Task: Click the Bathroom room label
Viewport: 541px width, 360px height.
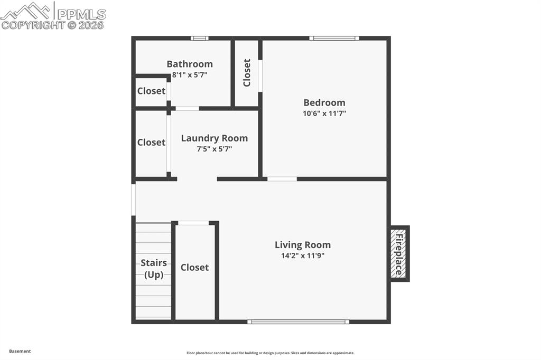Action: tap(190, 64)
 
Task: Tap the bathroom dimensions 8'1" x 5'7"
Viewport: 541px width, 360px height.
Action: tap(190, 75)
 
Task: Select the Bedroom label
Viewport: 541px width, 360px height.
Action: tap(324, 102)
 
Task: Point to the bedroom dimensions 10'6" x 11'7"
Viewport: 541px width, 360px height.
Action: tap(324, 113)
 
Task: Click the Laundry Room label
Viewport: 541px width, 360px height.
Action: tap(214, 138)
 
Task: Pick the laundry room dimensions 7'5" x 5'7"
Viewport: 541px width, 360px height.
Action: tap(214, 149)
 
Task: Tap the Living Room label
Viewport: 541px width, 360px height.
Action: tap(303, 245)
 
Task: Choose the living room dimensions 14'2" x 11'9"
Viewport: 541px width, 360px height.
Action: tap(303, 255)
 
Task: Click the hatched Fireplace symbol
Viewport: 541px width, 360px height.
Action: tap(399, 253)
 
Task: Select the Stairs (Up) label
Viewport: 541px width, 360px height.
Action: tap(154, 269)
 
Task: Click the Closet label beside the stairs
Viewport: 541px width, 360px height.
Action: tap(194, 268)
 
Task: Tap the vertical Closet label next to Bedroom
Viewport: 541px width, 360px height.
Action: tap(247, 73)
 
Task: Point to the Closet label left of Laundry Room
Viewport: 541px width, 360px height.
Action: tap(151, 143)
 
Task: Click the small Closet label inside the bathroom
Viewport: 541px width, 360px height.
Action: tap(151, 91)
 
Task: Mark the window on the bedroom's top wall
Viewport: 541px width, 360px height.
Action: tap(334, 38)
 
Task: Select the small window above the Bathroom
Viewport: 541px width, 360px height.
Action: tap(199, 38)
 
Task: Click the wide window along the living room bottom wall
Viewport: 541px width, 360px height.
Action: tap(298, 321)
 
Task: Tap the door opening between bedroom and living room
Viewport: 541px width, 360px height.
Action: tap(282, 179)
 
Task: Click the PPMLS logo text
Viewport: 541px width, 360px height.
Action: tap(81, 14)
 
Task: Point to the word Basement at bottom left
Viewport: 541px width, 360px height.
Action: tap(20, 351)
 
